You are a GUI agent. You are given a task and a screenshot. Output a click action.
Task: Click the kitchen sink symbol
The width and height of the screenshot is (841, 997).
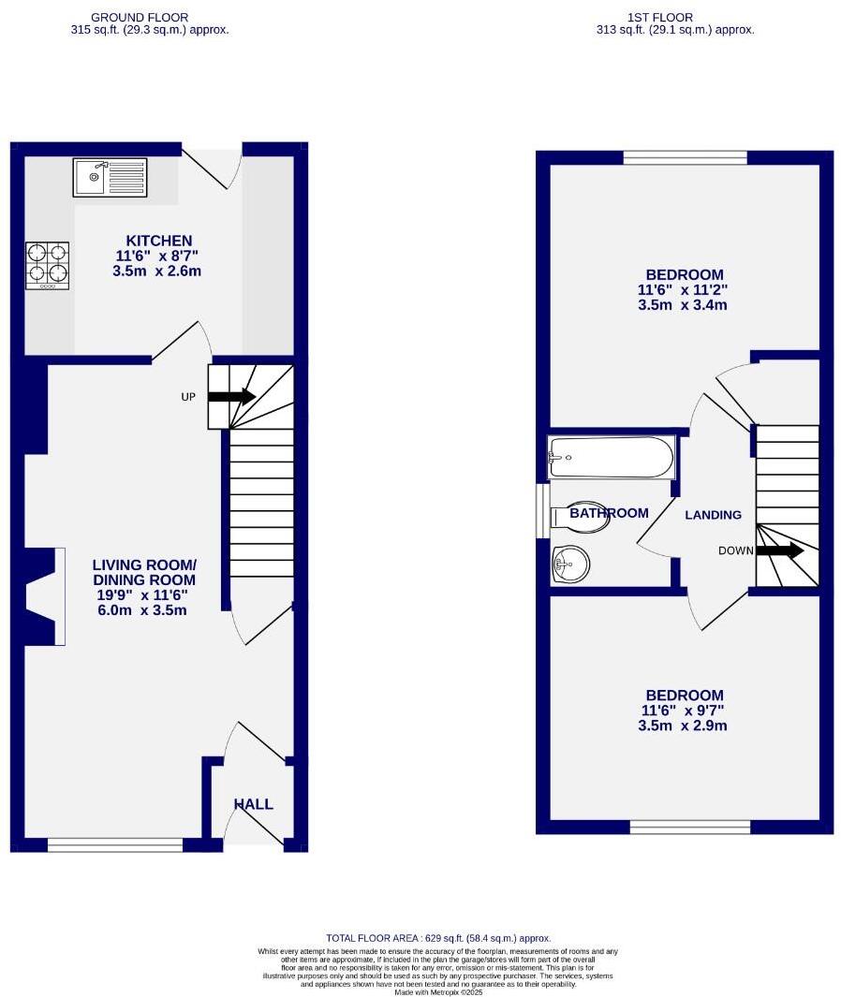110,176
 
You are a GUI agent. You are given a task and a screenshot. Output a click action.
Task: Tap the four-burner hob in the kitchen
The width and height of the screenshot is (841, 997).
48,262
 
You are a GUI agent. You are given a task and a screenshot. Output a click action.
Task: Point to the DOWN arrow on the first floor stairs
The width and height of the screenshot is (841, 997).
780,550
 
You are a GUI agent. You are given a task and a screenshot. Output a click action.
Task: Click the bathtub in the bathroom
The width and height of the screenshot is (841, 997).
611,457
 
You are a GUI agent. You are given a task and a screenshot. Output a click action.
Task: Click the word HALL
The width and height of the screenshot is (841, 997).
253,804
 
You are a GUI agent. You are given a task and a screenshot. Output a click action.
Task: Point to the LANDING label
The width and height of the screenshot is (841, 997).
713,515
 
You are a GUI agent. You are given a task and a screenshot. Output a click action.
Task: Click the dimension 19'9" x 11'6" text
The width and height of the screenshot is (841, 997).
144,594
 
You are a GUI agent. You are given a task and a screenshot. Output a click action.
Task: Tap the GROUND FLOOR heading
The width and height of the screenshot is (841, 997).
139,17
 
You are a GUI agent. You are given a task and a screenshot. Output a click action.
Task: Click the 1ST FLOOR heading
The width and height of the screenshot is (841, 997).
661,17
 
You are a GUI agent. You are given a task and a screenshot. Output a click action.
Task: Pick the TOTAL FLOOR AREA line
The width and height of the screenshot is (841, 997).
438,937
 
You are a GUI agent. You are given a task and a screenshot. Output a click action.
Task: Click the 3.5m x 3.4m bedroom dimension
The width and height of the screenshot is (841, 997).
684,305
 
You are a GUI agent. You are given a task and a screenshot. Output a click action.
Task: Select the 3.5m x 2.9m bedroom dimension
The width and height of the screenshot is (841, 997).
684,726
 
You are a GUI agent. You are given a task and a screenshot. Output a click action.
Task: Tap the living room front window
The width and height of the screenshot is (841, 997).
114,844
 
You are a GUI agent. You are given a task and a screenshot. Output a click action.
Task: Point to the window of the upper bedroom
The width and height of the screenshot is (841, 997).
685,157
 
